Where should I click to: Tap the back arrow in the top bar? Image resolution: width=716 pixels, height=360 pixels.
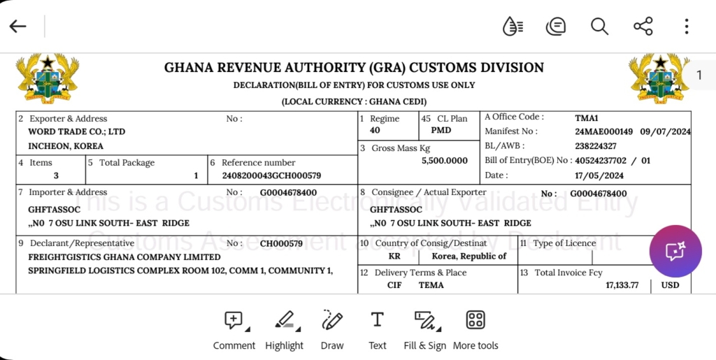click(x=18, y=27)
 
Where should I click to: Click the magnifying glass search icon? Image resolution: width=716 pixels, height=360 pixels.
click(x=599, y=27)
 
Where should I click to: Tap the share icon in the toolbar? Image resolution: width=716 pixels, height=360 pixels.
click(x=643, y=27)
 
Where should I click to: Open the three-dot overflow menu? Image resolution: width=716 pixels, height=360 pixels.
click(x=687, y=27)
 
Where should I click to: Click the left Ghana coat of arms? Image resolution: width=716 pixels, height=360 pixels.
click(x=48, y=78)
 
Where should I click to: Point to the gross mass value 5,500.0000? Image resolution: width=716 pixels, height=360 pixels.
click(x=445, y=161)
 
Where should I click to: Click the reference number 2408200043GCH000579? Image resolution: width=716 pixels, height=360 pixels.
click(x=271, y=175)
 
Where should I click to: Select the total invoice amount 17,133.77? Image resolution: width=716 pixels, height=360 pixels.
click(x=622, y=285)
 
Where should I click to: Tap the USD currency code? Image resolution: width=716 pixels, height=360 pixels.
click(x=671, y=285)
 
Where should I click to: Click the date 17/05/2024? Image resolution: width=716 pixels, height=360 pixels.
click(x=599, y=175)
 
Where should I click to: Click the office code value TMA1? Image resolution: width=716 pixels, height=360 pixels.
click(x=587, y=118)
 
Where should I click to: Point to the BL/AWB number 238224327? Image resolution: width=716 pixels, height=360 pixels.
click(x=596, y=146)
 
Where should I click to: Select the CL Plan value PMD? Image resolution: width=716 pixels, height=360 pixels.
click(x=441, y=131)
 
